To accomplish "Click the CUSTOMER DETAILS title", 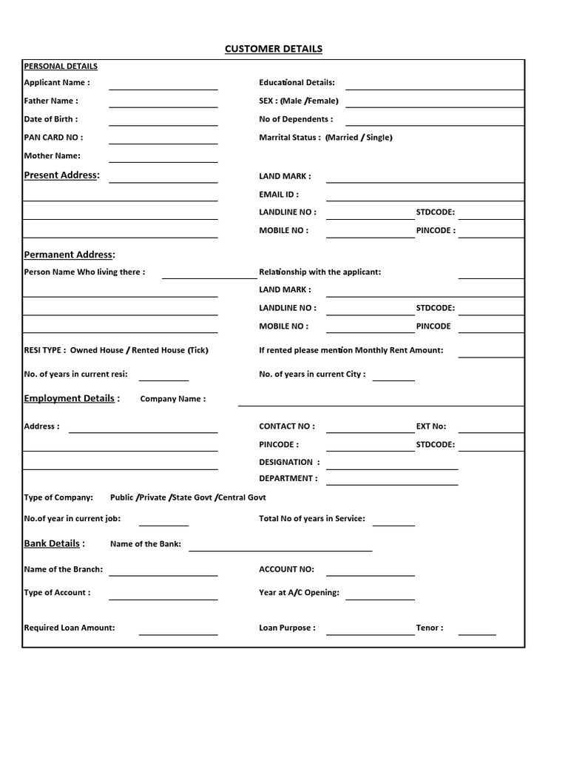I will [x=274, y=49].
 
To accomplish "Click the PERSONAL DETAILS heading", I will [x=61, y=66].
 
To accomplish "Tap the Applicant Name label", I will [x=57, y=83].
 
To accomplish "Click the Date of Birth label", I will [x=51, y=119].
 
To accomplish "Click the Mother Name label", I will [x=53, y=155].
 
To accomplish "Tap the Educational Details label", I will [x=297, y=83].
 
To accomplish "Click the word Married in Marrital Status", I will [x=342, y=138].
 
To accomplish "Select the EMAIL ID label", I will [x=279, y=195].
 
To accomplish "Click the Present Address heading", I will [x=61, y=175].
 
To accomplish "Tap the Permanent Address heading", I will [x=70, y=255].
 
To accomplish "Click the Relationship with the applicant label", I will [x=320, y=272].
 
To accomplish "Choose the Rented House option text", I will [x=158, y=350].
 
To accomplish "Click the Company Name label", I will [x=173, y=399].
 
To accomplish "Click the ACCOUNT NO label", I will [x=286, y=569].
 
